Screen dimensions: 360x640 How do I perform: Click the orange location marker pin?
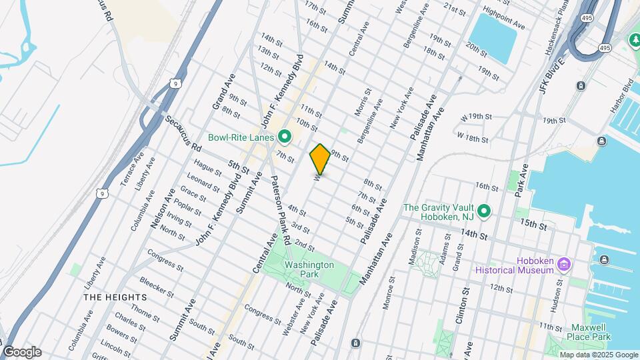click(320, 159)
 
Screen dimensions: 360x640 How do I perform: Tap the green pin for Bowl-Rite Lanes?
click(285, 138)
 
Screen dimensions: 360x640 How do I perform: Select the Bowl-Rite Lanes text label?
click(241, 138)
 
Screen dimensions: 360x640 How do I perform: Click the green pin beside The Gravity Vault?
click(485, 212)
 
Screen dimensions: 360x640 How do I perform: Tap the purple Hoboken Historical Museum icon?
click(564, 265)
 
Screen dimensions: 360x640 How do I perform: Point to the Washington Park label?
click(309, 269)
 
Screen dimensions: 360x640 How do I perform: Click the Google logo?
click(22, 352)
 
